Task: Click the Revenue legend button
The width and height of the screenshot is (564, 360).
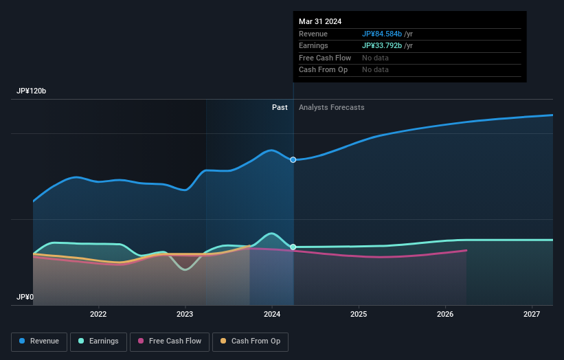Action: tap(39, 341)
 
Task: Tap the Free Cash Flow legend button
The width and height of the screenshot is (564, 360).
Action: tap(168, 341)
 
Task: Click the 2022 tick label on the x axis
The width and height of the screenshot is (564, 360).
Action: tap(98, 314)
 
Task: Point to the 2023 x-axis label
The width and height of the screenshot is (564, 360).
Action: tap(185, 314)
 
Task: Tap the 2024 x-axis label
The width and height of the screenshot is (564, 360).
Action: tap(272, 314)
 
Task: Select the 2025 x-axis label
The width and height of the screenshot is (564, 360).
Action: tap(359, 314)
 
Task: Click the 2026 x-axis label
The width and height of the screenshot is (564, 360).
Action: tap(445, 314)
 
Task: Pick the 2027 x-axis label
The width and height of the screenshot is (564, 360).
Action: tap(532, 314)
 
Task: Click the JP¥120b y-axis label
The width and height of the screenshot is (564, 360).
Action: tap(32, 91)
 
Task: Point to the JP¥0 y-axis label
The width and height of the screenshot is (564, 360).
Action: tap(25, 297)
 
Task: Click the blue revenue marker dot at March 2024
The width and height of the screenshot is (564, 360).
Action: tap(293, 159)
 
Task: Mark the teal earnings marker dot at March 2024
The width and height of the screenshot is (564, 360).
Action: tap(293, 247)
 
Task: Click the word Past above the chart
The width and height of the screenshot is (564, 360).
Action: tap(280, 108)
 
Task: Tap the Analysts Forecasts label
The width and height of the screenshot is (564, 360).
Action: tap(331, 108)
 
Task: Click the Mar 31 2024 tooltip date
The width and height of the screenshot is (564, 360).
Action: tap(319, 22)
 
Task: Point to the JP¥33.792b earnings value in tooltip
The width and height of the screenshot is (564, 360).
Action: tap(388, 46)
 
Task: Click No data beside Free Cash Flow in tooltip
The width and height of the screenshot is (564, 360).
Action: tap(375, 58)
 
